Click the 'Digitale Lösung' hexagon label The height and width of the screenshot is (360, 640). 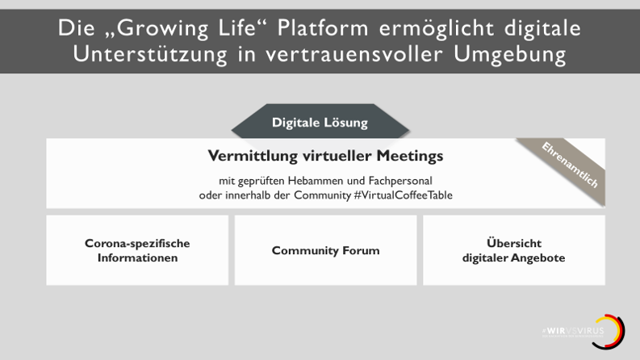[320, 123]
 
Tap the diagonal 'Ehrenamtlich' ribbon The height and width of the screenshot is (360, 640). [570, 165]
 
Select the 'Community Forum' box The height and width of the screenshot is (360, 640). [325, 250]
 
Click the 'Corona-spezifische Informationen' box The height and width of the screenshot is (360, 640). [137, 250]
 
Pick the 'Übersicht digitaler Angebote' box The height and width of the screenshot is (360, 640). [513, 250]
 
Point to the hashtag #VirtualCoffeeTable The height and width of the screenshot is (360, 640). [403, 195]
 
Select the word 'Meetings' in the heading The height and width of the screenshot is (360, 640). [410, 156]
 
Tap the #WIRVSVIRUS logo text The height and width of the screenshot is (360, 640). [572, 331]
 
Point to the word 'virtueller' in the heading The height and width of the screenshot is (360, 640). [332, 156]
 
